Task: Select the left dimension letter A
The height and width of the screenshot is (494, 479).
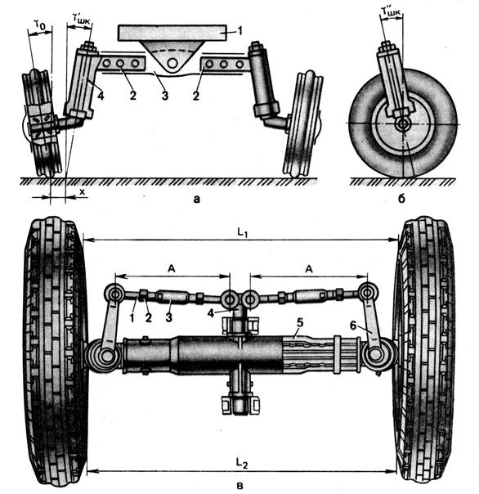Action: [x=172, y=269]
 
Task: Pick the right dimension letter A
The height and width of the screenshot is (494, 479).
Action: [x=309, y=269]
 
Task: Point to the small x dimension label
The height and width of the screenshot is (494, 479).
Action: [x=83, y=191]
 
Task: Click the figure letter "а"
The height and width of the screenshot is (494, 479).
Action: [x=196, y=199]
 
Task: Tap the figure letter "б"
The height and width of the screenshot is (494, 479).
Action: [x=401, y=199]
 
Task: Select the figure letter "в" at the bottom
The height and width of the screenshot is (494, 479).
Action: [x=240, y=486]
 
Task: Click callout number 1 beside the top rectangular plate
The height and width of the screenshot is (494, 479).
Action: [x=239, y=30]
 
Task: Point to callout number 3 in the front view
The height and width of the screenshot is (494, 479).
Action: [x=164, y=96]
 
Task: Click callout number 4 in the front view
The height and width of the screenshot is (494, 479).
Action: [x=101, y=96]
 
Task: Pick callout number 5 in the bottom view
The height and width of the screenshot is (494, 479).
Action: [x=299, y=323]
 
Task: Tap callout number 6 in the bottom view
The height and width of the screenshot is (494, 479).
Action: [x=353, y=326]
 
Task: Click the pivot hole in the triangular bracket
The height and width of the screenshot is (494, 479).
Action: [x=172, y=63]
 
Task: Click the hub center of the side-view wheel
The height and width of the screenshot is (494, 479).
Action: [x=402, y=124]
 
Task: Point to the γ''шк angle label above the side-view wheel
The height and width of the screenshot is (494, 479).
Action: [x=391, y=11]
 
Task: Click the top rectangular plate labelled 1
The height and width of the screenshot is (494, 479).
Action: [x=172, y=33]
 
